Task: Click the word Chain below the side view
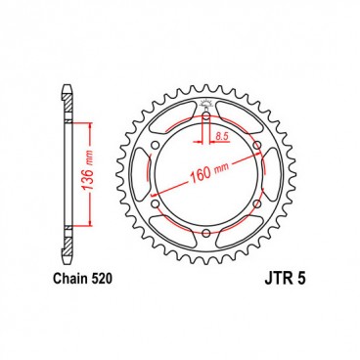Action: [x=67, y=279]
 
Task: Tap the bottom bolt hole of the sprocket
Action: [x=207, y=233]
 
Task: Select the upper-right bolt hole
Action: [x=256, y=149]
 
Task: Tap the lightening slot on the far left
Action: [x=139, y=177]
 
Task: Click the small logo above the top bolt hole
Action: [x=207, y=105]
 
